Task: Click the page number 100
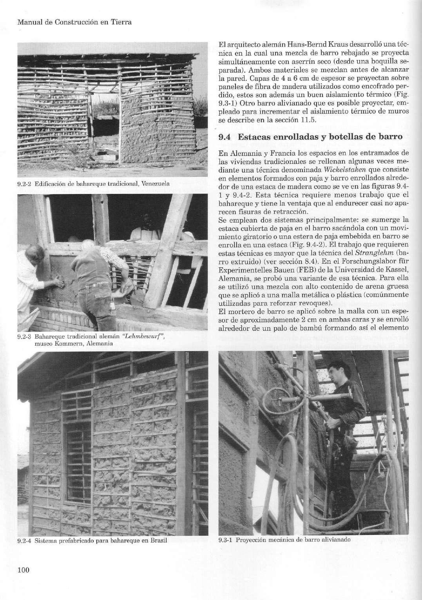tap(24, 569)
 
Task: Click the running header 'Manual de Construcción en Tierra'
tap(74, 22)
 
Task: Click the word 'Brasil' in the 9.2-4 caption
tap(158, 541)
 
